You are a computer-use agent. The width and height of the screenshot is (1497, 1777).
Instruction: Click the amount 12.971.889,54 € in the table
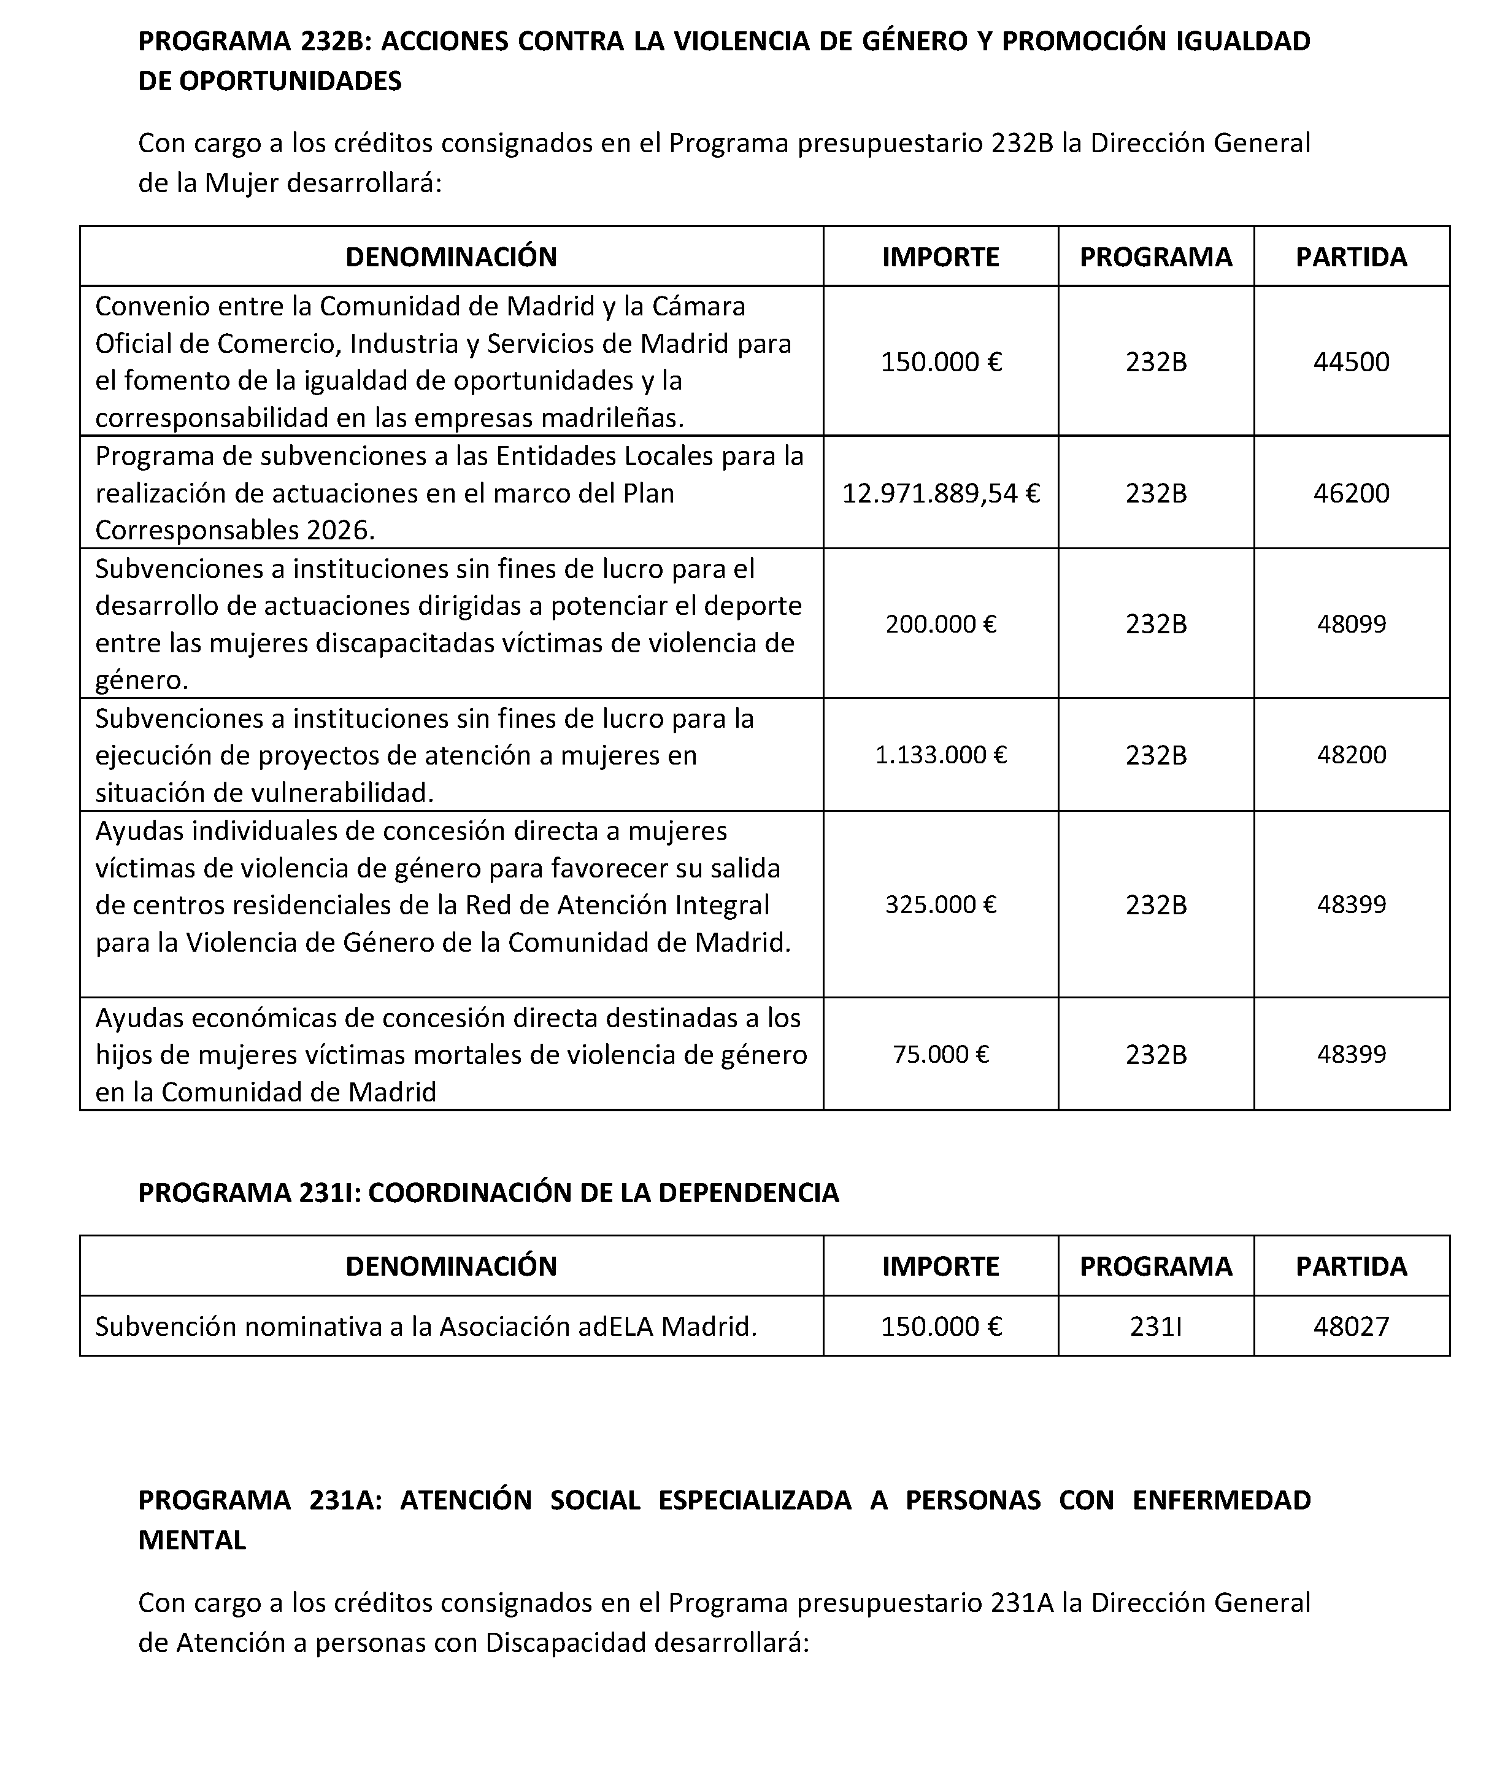coord(941,493)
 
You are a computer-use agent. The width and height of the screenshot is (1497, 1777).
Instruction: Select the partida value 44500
coord(1351,363)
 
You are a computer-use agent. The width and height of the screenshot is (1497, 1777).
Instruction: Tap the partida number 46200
coord(1351,493)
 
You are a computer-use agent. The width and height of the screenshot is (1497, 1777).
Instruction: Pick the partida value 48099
coord(1351,624)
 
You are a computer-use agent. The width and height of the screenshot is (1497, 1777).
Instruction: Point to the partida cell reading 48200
coord(1351,754)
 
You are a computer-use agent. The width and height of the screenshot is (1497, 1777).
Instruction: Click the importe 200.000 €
coord(941,624)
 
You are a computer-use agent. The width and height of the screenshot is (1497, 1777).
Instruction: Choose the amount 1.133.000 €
coord(941,754)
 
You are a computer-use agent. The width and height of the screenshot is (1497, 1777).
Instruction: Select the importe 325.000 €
coord(941,904)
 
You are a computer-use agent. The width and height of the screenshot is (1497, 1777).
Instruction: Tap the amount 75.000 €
coord(941,1054)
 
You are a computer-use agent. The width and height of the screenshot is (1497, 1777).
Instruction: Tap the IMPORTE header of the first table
coord(941,256)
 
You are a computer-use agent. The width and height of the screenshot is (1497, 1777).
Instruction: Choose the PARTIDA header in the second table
coord(1351,1266)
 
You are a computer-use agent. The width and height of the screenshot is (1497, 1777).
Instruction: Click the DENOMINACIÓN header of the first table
coord(450,256)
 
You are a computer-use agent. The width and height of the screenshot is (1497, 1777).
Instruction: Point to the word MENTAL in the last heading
coord(192,1540)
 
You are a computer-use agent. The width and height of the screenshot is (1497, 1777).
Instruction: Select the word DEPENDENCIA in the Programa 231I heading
coord(748,1192)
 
